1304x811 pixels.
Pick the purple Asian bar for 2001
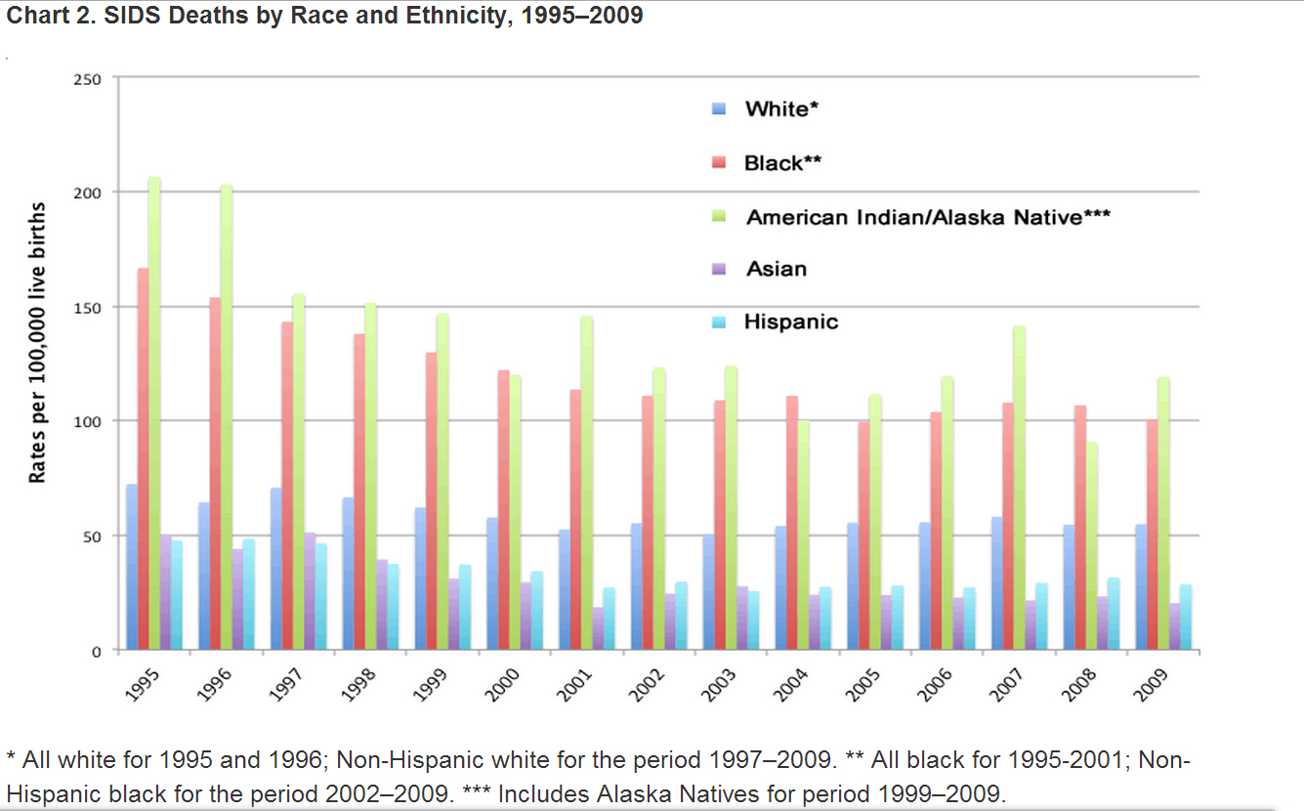[598, 628]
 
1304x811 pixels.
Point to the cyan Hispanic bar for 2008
[1114, 614]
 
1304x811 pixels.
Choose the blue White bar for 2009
[1141, 587]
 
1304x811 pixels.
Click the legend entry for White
[776, 109]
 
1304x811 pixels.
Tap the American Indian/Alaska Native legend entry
[928, 217]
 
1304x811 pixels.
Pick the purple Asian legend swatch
[719, 269]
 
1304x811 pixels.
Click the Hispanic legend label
[790, 321]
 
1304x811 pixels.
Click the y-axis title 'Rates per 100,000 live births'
[37, 342]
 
